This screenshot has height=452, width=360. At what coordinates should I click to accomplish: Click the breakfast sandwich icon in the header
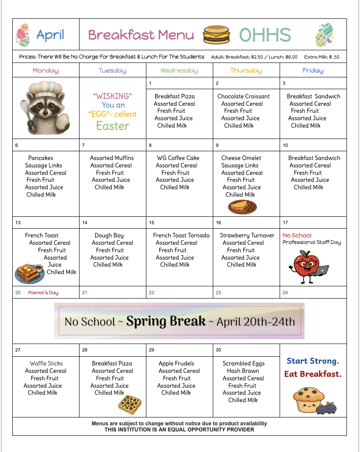[x=216, y=35]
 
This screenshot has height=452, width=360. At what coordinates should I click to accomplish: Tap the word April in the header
[x=50, y=35]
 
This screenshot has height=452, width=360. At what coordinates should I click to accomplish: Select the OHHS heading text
[x=265, y=35]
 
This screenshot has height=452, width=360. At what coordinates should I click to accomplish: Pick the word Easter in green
[x=112, y=126]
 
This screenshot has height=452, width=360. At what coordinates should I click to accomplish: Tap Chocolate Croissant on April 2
[x=243, y=96]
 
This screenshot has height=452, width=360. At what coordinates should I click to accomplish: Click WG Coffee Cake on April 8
[x=178, y=158]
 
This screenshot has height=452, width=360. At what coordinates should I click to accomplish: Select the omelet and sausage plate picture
[x=242, y=205]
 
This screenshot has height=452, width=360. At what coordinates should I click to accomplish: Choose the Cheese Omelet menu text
[x=241, y=158]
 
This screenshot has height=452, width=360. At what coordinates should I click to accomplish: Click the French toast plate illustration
[x=29, y=273]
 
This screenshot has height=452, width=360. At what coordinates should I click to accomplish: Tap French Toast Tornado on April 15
[x=181, y=235]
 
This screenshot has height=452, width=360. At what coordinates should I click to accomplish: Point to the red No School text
[x=297, y=235]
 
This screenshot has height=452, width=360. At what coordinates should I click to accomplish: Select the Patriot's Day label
[x=43, y=292]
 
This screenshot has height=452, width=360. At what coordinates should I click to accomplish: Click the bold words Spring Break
[x=166, y=321]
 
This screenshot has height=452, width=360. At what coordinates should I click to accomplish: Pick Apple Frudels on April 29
[x=176, y=363]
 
